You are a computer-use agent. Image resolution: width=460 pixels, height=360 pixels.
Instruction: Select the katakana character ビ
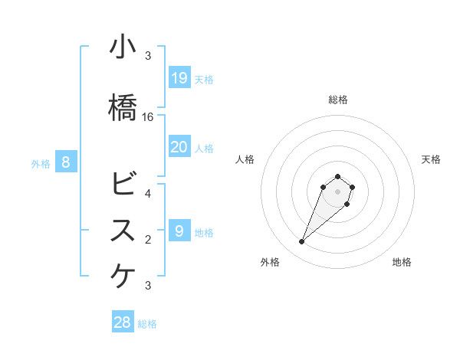click(123, 184)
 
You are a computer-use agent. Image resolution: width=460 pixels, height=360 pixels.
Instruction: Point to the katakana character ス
click(123, 231)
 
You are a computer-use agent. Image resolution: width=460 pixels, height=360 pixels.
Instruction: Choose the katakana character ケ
click(123, 277)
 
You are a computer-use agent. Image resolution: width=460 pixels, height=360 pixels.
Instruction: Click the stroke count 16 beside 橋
click(148, 117)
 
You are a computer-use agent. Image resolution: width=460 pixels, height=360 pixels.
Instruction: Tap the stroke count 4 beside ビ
click(148, 193)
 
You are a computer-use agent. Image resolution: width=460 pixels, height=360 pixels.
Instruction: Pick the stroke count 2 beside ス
click(148, 240)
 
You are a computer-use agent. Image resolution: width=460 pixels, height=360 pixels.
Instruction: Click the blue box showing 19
click(179, 77)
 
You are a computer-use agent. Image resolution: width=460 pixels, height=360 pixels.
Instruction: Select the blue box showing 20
click(179, 147)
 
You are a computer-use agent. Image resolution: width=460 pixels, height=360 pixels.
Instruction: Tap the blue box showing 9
click(179, 231)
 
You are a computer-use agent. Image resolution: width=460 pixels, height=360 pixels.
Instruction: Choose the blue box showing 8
click(66, 162)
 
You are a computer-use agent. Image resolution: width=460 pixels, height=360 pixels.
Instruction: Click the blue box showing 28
click(123, 322)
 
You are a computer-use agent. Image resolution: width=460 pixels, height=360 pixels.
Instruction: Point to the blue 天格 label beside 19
click(204, 79)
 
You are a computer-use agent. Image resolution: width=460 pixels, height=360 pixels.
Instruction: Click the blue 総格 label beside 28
click(147, 324)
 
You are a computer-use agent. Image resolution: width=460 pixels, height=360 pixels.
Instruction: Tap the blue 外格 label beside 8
click(41, 163)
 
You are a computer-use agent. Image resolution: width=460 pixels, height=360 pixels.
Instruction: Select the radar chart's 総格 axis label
click(338, 100)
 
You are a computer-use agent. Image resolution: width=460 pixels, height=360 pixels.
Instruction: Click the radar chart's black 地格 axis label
click(402, 262)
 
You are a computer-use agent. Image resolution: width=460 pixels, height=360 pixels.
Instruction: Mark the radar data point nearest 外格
click(302, 242)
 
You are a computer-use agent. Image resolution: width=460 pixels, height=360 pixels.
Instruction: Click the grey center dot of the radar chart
click(338, 191)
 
